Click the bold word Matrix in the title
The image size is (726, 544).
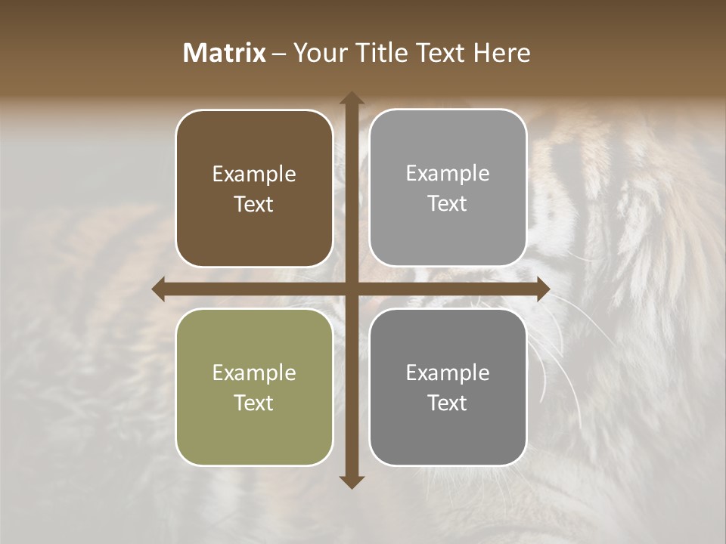click(225, 53)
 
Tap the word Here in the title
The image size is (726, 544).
click(501, 53)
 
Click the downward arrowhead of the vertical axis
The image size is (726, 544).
click(351, 481)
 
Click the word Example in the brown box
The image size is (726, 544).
click(254, 174)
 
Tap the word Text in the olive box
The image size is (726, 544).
click(254, 403)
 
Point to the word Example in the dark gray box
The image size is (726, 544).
click(448, 372)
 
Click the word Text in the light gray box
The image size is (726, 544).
click(448, 203)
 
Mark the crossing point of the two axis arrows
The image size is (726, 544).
click(351, 289)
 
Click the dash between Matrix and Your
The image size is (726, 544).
click(280, 54)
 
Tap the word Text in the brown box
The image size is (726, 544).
click(254, 204)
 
